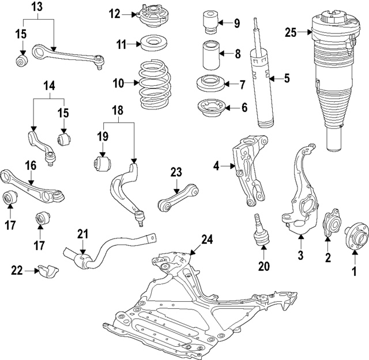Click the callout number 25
pos(291,32)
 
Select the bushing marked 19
pos(101,163)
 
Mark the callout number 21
pos(83,234)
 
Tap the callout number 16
pos(30,166)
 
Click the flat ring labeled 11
pos(152,44)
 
